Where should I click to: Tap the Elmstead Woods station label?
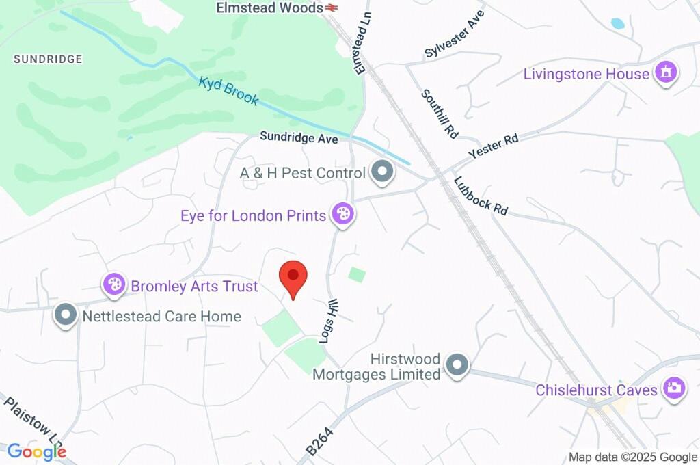[269, 8]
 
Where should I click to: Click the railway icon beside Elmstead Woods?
[332, 8]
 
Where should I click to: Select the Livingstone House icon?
[665, 72]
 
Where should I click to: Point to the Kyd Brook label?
[229, 92]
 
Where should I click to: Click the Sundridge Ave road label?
[299, 137]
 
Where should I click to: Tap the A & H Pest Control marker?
[382, 172]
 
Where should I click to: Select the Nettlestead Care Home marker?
[66, 316]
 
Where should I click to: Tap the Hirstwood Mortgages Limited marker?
[457, 366]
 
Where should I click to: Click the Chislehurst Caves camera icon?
[673, 389]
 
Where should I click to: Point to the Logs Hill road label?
[330, 323]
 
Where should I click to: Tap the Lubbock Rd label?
[481, 196]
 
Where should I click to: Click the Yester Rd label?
[494, 147]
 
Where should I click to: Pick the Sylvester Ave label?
[454, 34]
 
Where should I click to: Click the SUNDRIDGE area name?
[48, 59]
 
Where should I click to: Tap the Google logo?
[37, 451]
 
